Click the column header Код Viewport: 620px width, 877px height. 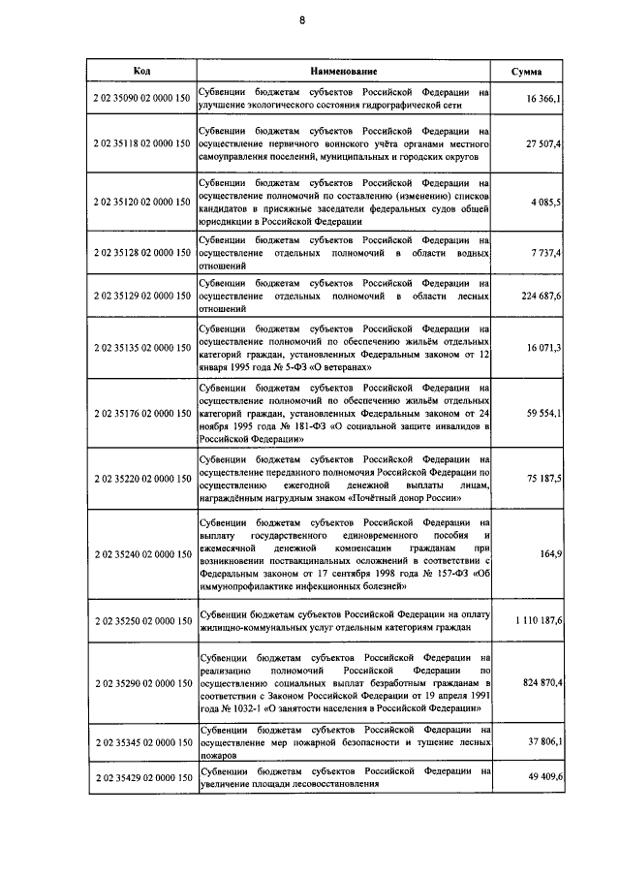pos(139,72)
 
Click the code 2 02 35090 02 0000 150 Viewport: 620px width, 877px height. pos(140,99)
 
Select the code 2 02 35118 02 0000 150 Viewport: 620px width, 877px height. pos(140,143)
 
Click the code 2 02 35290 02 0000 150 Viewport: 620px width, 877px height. pos(140,683)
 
